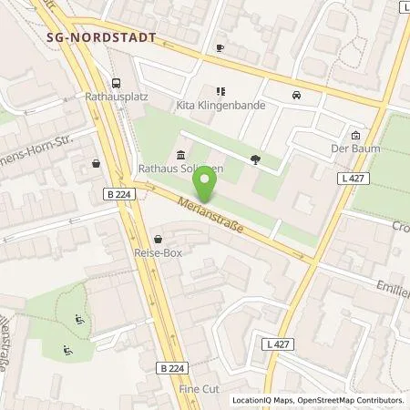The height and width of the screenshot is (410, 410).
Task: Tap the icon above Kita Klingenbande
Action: [x=219, y=90]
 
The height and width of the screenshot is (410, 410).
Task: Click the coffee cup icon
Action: [x=220, y=47]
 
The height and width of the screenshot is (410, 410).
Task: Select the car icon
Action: [x=296, y=95]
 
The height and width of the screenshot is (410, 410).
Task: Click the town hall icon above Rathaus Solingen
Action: [x=181, y=154]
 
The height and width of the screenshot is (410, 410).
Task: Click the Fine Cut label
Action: [x=195, y=388]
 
